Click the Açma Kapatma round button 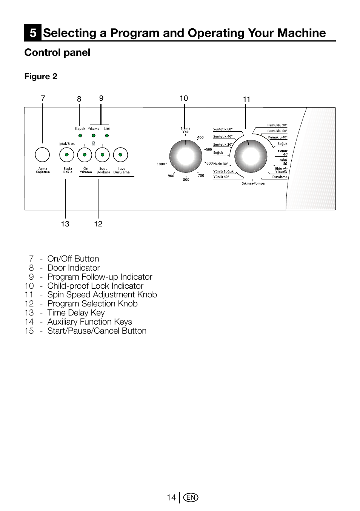point(42,155)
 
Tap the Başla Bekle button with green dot point(67,155)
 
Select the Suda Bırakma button point(102,155)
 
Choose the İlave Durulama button point(120,155)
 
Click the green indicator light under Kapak point(80,135)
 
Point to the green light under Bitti point(107,135)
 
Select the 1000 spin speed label point(161,164)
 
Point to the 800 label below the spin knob point(186,180)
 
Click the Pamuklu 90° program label point(277,125)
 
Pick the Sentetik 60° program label point(223,129)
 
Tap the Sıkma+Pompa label point(253,183)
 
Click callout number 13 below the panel point(65,224)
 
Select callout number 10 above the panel point(184,98)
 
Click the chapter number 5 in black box point(33,33)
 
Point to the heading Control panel point(57,52)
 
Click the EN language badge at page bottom point(191,497)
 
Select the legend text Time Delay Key point(76,313)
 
